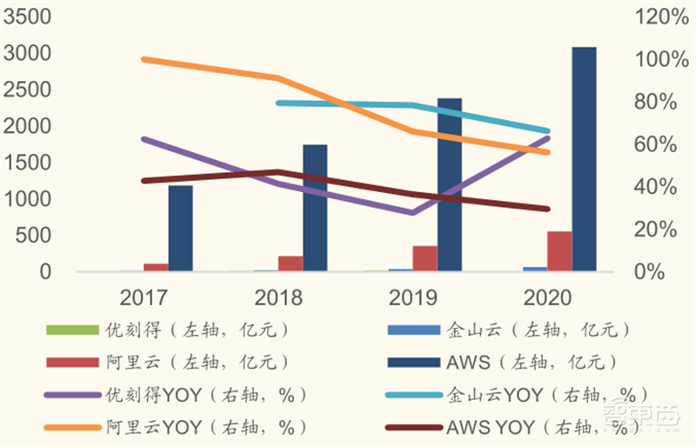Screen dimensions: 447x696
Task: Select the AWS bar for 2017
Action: (x=180, y=228)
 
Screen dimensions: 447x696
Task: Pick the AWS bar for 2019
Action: (x=449, y=184)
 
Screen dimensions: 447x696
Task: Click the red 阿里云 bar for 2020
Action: (x=559, y=251)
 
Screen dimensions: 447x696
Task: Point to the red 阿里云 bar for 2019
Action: (x=425, y=258)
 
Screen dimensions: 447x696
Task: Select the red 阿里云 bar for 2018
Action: (x=291, y=264)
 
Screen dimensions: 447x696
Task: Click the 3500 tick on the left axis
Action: (x=29, y=17)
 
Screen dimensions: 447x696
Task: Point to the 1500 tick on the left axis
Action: (x=29, y=163)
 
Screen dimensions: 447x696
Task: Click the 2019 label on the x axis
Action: (x=414, y=297)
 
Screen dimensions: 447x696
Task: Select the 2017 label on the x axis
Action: (x=144, y=297)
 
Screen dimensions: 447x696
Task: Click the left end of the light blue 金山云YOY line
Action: (x=278, y=103)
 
